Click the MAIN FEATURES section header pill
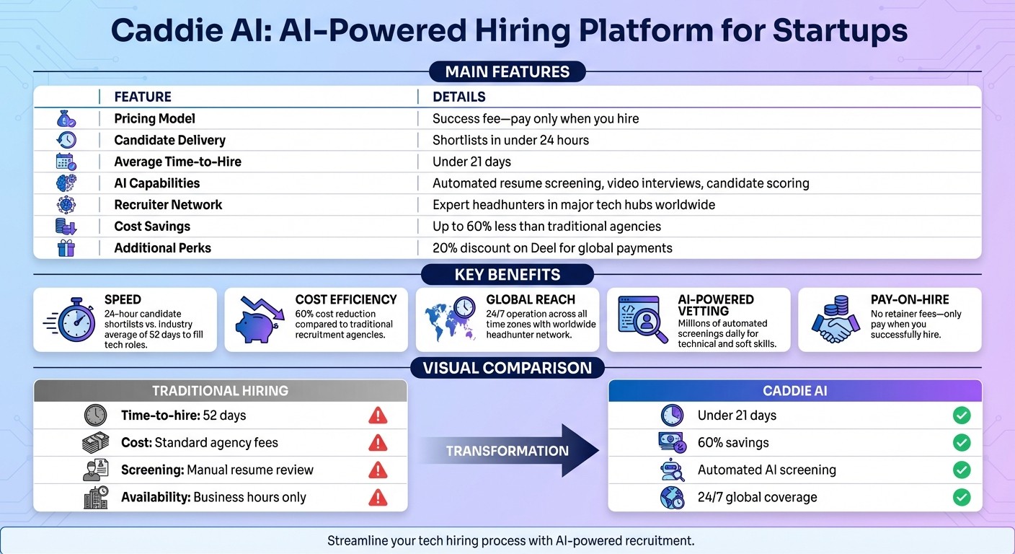[507, 71]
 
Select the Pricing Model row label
[154, 118]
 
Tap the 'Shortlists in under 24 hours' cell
[510, 140]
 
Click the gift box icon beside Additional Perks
[66, 248]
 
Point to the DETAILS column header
[458, 97]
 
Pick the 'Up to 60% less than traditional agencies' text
[546, 227]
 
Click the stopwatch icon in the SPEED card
[75, 320]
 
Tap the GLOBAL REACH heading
[531, 299]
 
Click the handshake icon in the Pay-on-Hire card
[835, 322]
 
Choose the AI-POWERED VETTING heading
[715, 304]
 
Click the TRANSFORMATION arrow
[509, 451]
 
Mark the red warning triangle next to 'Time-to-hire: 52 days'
[377, 415]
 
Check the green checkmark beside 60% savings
[961, 443]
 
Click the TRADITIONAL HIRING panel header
[220, 391]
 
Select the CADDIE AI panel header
[794, 391]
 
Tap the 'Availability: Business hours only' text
[213, 498]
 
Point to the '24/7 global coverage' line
[757, 498]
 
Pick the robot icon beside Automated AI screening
[672, 470]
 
